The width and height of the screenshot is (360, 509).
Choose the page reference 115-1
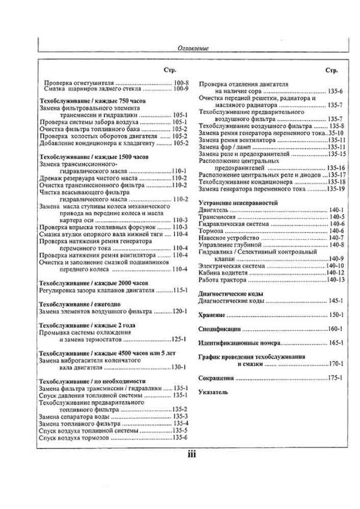point(181,290)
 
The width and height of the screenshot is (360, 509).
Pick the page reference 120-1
point(181,312)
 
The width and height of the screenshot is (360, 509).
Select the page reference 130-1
point(181,367)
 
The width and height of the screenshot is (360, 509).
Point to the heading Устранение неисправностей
point(238,203)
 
